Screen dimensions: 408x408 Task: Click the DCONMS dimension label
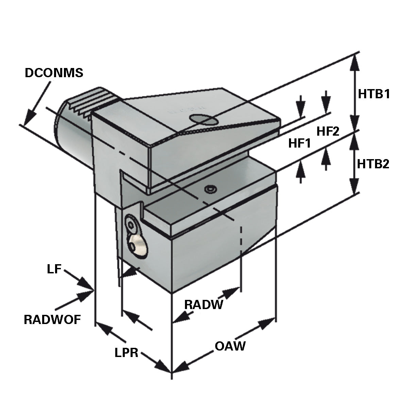pyautogui.click(x=54, y=73)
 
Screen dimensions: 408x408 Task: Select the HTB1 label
pyautogui.click(x=373, y=94)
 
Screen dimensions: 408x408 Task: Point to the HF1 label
pyautogui.click(x=300, y=143)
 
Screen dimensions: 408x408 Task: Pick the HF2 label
pyautogui.click(x=328, y=131)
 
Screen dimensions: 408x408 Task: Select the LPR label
pyautogui.click(x=126, y=353)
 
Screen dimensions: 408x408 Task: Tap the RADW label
pyautogui.click(x=203, y=304)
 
